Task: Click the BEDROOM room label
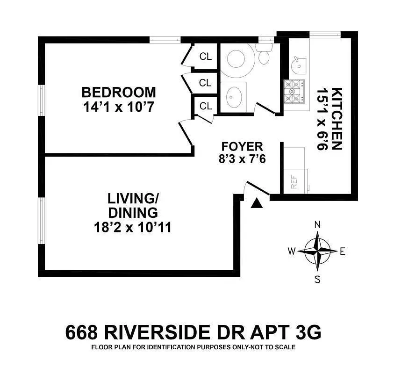click(118, 92)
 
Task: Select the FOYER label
click(242, 146)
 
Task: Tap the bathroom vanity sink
click(233, 96)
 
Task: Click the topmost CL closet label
click(206, 57)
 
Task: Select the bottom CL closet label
click(206, 106)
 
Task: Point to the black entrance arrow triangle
click(257, 203)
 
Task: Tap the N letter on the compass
click(317, 224)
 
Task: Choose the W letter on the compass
click(291, 252)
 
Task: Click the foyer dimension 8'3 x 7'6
click(242, 158)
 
